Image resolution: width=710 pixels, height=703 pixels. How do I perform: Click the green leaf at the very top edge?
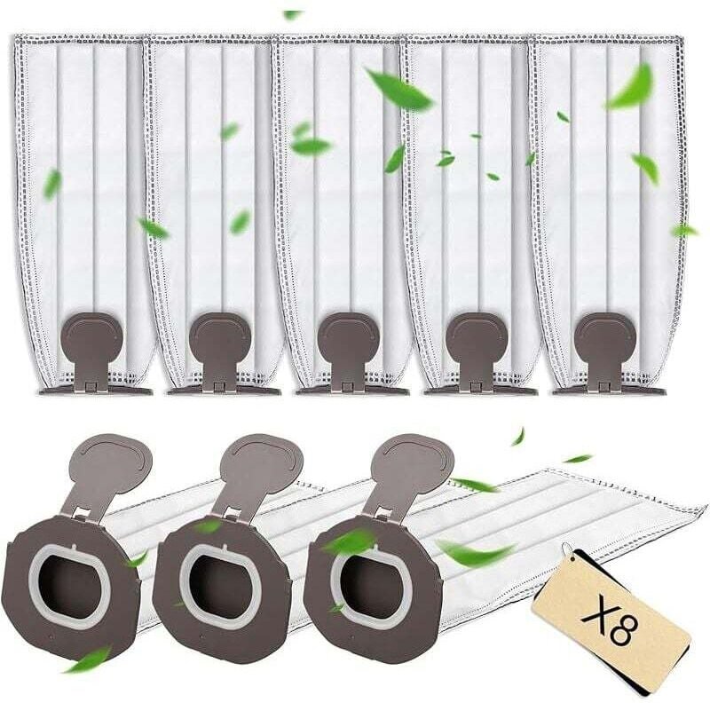(x=292, y=15)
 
